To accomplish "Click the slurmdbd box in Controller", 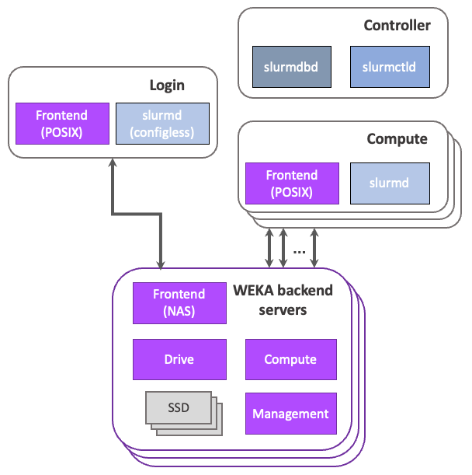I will pos(291,67).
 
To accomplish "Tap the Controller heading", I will pos(397,26).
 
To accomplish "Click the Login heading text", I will pos(167,86).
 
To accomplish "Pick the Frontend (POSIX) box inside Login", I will pos(61,124).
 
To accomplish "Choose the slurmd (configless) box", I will pos(162,124).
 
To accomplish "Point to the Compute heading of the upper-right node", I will pos(397,139).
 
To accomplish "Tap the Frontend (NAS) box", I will pos(179,302).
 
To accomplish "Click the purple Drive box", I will pos(179,359).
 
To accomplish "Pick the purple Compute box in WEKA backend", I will pos(290,359).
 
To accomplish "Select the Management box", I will pos(290,414).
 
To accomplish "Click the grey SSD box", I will pos(179,407).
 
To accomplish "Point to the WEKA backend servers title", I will pos(283,300).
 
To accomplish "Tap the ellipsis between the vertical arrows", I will pos(300,250).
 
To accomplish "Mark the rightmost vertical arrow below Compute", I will pos(314,247).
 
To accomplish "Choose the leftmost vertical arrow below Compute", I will pos(269,247).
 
